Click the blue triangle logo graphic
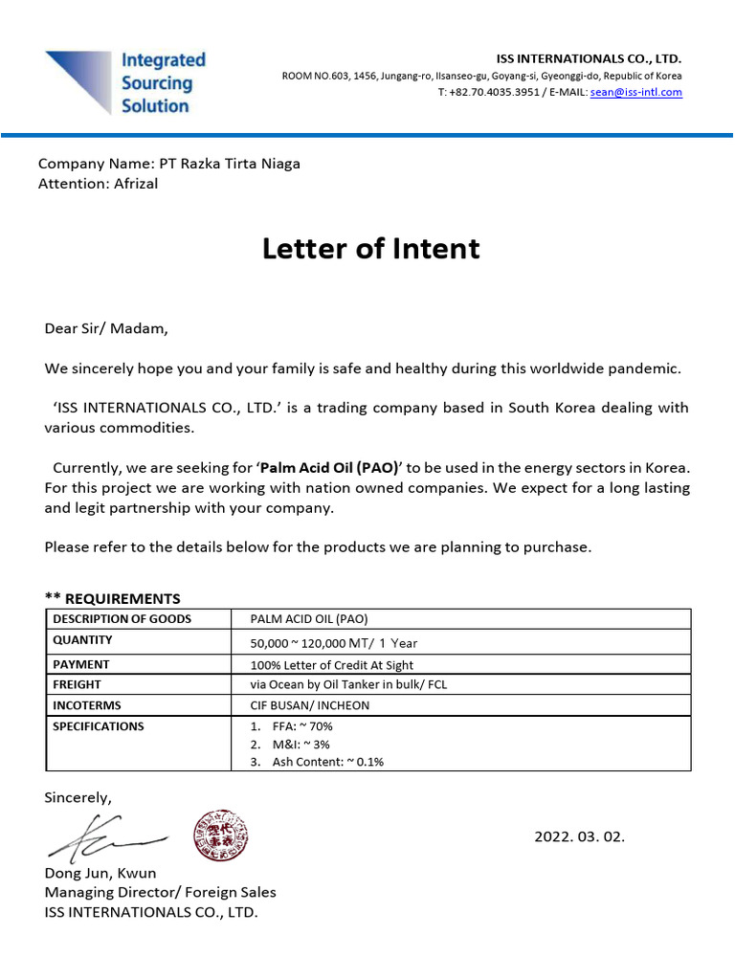[78, 78]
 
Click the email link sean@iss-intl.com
[636, 93]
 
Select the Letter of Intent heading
[370, 249]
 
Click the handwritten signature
[105, 836]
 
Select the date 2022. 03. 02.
[579, 836]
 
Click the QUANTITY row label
[82, 640]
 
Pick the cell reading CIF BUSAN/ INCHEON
[309, 705]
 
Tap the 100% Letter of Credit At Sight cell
[331, 664]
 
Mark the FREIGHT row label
[77, 684]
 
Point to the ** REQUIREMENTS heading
[112, 599]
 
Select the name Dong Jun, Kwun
[100, 873]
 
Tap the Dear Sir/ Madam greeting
[106, 329]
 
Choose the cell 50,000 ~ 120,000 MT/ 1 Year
[333, 642]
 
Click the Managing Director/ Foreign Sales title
[160, 892]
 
